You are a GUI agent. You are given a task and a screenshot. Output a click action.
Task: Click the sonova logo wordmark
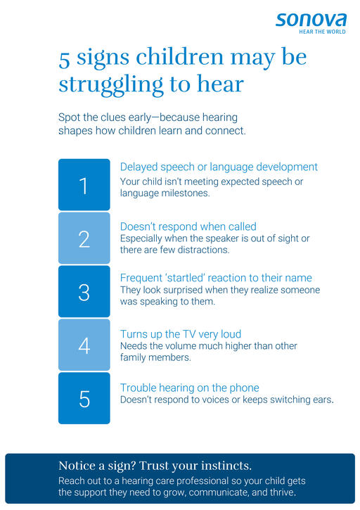tap(311, 20)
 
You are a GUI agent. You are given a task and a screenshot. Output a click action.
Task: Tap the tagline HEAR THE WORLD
tap(322, 32)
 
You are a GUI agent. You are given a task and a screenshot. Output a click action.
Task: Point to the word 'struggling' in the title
tap(111, 84)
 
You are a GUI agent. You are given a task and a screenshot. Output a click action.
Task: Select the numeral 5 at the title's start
tap(65, 60)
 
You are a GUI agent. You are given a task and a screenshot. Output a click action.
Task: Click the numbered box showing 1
tap(84, 184)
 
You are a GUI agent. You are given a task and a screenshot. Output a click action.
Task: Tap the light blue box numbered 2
tap(84, 238)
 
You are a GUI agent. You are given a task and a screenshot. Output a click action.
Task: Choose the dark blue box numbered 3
tap(84, 291)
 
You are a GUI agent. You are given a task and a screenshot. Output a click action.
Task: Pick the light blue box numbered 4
tap(84, 345)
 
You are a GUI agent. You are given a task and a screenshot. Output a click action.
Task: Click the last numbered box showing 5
tap(84, 398)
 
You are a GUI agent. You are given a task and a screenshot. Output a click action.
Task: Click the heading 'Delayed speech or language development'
tap(219, 167)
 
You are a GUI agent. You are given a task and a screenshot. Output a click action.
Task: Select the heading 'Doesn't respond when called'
tap(188, 227)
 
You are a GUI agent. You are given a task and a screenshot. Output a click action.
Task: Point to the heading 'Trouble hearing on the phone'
tap(190, 388)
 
